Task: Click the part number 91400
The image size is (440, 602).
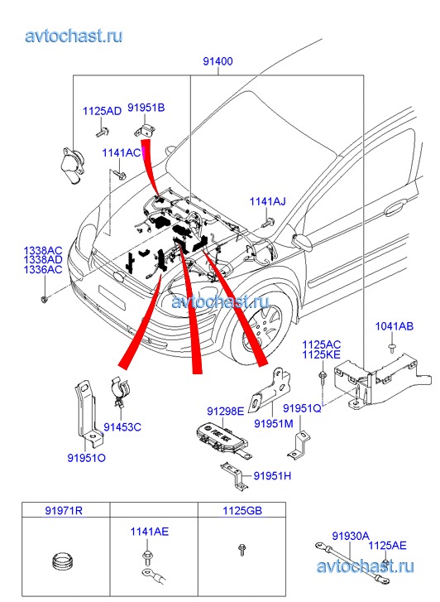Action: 218,61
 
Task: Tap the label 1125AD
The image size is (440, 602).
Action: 102,111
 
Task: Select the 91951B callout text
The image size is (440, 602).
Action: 146,108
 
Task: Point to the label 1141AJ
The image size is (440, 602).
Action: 268,201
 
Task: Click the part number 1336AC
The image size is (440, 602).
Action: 42,270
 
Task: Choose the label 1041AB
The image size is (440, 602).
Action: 395,326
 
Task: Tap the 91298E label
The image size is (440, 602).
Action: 226,412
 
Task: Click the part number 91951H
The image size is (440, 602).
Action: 272,476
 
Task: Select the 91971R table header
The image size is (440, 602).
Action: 64,511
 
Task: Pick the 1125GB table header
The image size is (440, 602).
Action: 242,511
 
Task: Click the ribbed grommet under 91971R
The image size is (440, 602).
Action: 63,561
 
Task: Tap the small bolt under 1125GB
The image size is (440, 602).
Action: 242,550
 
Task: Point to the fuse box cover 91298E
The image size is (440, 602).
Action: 222,440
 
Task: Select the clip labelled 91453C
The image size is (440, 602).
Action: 120,391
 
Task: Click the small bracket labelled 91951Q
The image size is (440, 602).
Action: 300,445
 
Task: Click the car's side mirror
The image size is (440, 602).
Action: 303,241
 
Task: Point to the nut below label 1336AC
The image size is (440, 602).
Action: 45,298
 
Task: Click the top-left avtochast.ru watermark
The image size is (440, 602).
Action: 74,36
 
